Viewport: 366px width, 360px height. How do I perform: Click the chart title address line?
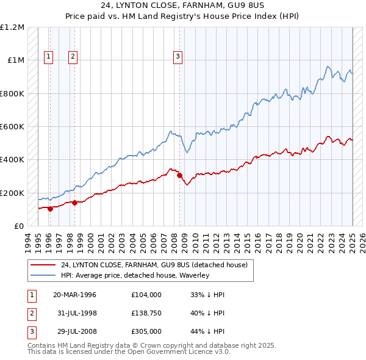click(182, 5)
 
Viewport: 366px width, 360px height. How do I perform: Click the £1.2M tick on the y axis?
click(12, 27)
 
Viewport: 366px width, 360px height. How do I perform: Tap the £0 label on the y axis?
click(19, 226)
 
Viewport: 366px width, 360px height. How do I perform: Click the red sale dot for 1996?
click(50, 209)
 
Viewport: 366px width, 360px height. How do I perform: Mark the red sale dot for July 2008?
click(179, 176)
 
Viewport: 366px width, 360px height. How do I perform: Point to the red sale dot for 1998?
click(74, 203)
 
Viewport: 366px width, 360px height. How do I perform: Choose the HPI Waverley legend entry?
click(135, 275)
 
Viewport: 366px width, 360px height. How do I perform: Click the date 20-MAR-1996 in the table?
click(74, 295)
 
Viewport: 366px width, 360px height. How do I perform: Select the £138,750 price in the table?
click(146, 314)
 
